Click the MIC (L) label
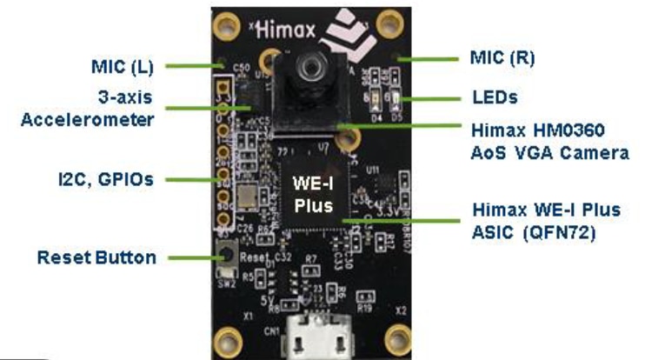[124, 65]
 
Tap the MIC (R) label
[502, 58]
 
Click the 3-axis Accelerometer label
[87, 107]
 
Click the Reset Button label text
[96, 257]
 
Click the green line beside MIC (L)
[189, 65]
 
